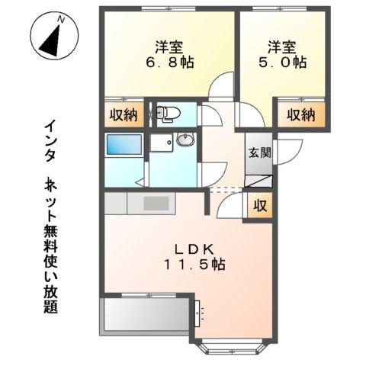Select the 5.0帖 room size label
pos(281,63)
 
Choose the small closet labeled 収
pos(259,205)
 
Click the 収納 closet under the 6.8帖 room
pos(122,116)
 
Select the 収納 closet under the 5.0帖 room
pos(300,115)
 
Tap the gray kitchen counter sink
pos(156,204)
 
